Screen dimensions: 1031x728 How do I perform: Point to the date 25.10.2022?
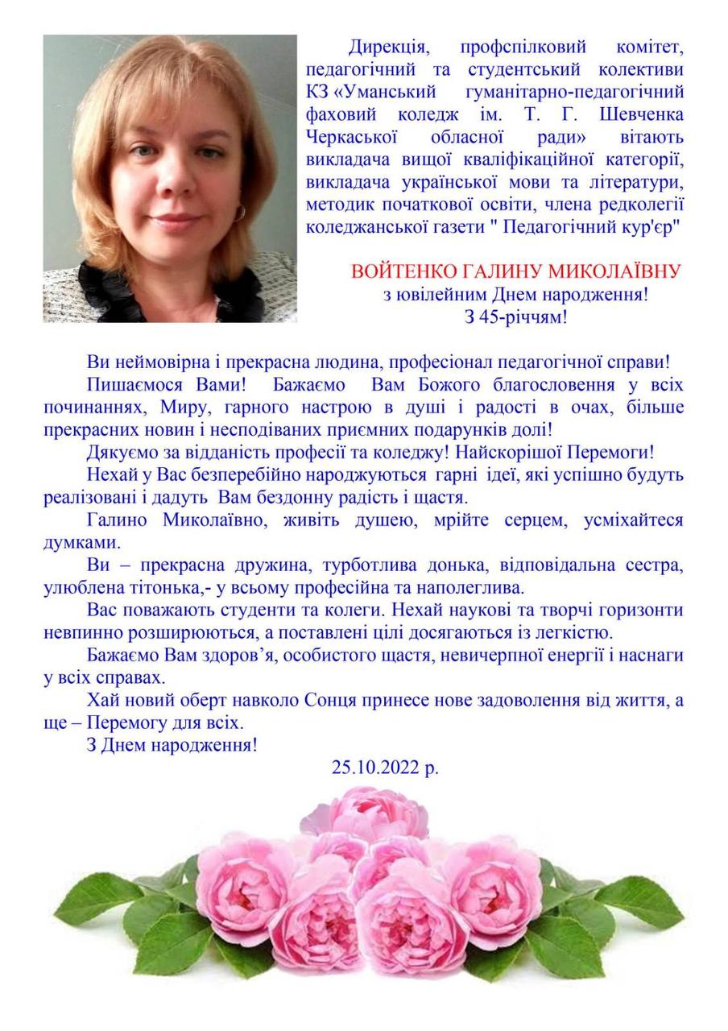tap(377, 768)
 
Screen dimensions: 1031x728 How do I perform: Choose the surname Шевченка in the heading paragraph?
tap(636, 111)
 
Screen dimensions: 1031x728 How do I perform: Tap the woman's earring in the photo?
tap(239, 212)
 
